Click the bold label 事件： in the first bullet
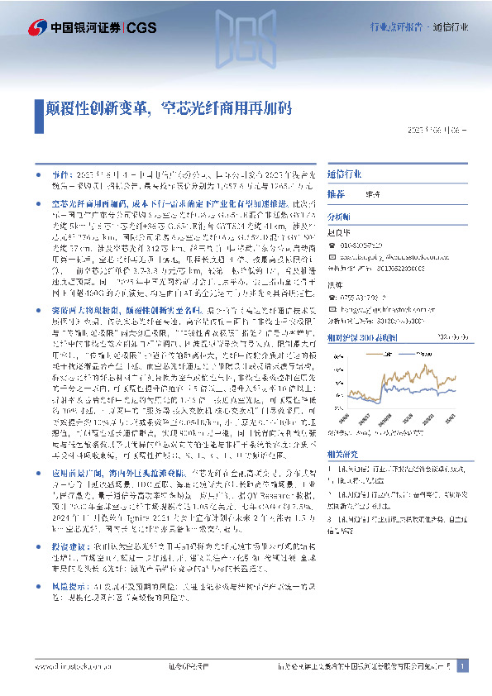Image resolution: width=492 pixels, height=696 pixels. tap(62, 176)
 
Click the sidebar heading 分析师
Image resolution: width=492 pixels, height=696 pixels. tap(340, 213)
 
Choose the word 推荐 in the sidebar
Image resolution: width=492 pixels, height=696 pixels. tap(337, 193)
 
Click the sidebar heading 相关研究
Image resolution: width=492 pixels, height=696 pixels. tap(343, 455)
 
